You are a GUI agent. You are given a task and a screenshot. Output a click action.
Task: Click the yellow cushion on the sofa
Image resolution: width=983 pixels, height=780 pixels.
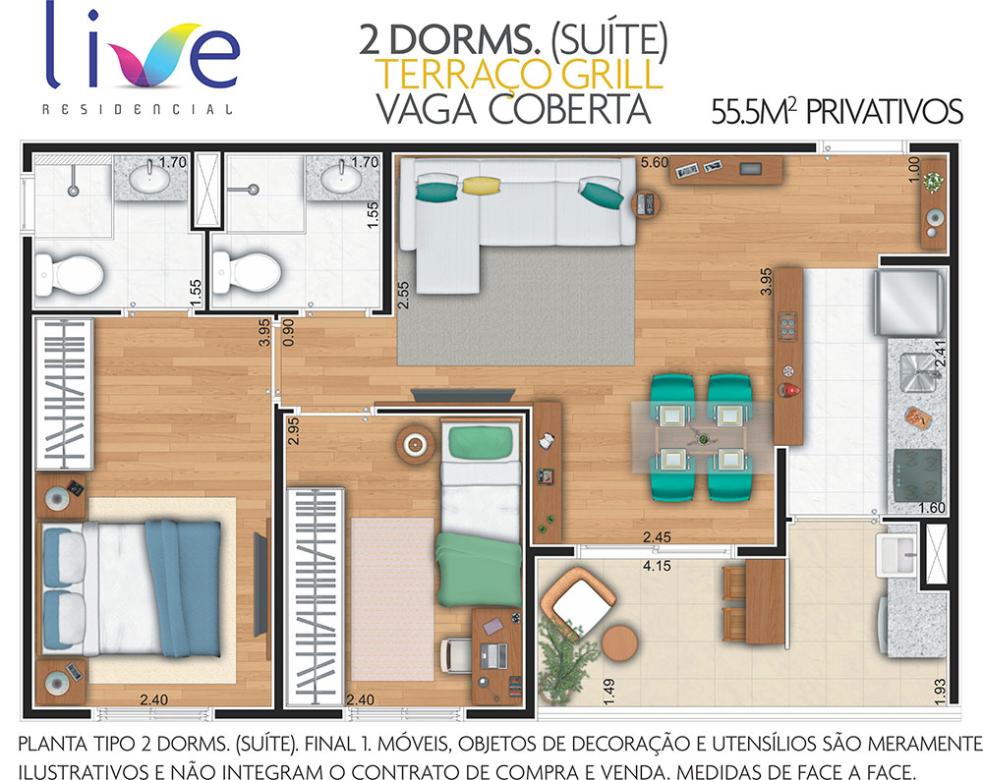pos(481,185)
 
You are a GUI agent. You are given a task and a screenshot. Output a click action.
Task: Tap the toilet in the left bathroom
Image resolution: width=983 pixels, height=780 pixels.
pos(69,274)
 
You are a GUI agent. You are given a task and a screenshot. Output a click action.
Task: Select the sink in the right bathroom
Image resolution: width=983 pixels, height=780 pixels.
pos(341,178)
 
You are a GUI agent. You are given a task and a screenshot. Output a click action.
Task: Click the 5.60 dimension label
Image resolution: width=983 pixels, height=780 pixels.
pos(654,162)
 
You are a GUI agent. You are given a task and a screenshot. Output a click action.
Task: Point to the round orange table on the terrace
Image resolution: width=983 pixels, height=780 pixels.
pos(619,643)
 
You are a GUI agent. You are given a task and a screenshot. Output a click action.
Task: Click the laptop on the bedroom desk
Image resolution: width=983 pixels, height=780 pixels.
pos(493,655)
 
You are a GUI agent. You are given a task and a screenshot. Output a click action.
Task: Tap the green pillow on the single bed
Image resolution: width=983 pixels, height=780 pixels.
pos(481,441)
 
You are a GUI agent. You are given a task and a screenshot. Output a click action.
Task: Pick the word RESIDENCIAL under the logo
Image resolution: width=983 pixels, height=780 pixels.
pos(138,110)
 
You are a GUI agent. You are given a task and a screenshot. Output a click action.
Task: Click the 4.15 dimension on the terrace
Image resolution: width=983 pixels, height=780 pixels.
pos(657,566)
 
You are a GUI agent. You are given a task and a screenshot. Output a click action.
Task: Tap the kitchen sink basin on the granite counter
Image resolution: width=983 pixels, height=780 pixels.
pos(916,372)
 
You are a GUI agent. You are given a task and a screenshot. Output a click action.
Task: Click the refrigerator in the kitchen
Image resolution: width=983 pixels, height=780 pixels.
pos(909,302)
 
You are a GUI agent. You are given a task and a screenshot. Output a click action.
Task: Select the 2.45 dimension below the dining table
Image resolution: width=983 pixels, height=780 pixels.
pos(657,537)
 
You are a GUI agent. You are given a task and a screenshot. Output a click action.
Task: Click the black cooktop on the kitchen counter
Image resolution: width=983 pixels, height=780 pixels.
pos(918,474)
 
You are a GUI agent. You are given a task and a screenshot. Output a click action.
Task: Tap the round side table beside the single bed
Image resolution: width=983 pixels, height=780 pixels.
pos(415,445)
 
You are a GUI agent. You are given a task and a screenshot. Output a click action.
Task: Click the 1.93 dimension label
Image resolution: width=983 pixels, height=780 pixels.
pos(939,691)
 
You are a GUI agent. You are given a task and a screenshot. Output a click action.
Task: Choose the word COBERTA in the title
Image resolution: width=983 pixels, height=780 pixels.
pos(569,109)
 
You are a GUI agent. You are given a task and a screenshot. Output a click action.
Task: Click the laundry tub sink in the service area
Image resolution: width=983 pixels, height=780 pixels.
pos(896,554)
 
